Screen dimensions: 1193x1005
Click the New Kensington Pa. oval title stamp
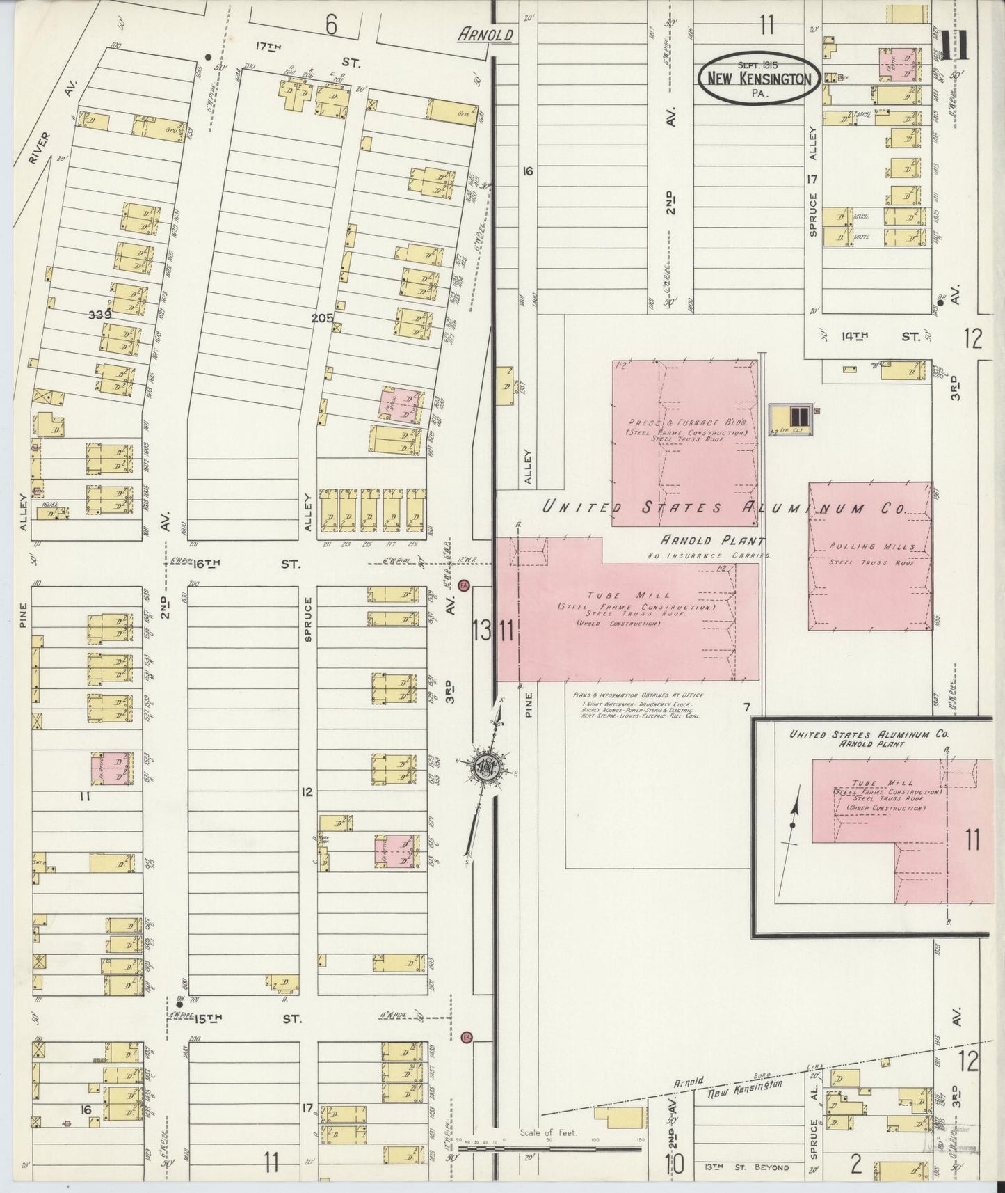click(x=759, y=78)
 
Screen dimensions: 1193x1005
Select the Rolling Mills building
click(x=869, y=556)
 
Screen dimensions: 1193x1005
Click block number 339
click(x=100, y=315)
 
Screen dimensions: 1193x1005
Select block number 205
click(x=322, y=317)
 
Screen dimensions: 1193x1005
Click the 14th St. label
click(x=879, y=336)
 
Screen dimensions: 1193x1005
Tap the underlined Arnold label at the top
click(x=485, y=35)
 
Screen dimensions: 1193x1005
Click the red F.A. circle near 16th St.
click(x=465, y=585)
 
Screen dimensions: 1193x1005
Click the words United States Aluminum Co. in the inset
click(x=869, y=734)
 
